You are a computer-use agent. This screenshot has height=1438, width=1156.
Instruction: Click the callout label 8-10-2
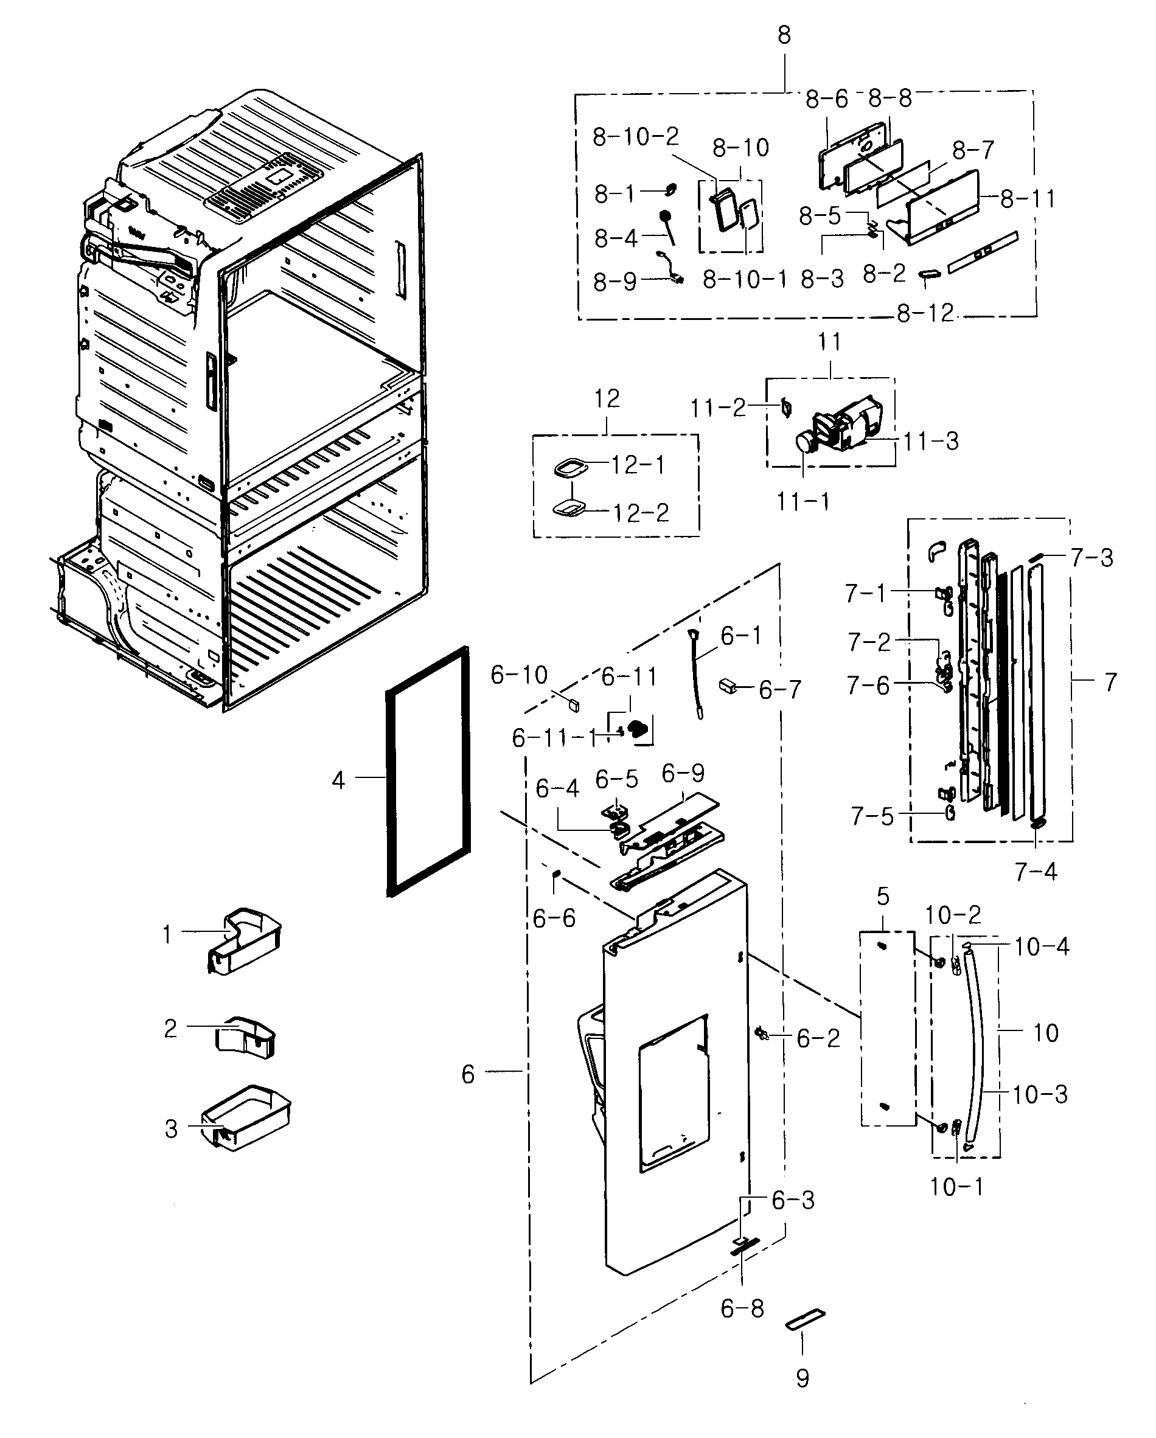[x=635, y=137]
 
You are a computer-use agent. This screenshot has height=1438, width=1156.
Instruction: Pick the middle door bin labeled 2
[x=245, y=1038]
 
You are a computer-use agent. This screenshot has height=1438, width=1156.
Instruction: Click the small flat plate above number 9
[x=805, y=1319]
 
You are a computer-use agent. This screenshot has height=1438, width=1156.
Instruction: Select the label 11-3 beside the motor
[x=931, y=441]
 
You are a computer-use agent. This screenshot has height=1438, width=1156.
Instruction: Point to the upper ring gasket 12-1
[x=570, y=467]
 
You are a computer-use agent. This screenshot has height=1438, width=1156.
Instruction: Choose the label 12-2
[x=641, y=513]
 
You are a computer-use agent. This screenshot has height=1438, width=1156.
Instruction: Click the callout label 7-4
[x=1036, y=871]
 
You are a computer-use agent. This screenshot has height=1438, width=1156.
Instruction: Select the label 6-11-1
[x=554, y=738]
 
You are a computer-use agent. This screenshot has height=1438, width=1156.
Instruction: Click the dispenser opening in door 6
[x=674, y=1094]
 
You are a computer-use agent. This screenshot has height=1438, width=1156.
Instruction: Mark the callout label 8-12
[x=925, y=313]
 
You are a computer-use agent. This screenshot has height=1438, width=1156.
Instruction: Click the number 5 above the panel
[x=883, y=897]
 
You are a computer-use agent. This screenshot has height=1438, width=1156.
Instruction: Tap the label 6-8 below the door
[x=742, y=1308]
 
